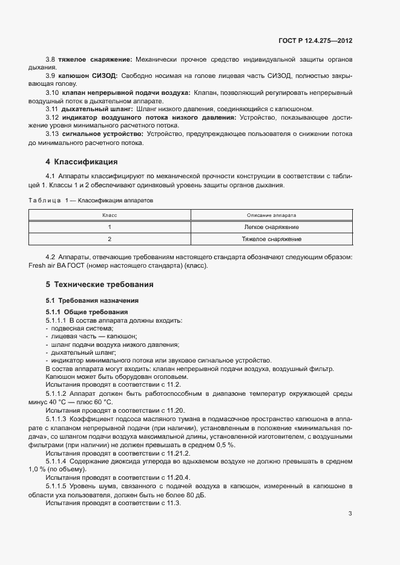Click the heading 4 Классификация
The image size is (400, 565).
[81, 162]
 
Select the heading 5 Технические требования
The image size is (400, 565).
[99, 284]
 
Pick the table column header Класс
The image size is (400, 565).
[110, 215]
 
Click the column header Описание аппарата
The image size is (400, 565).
[271, 215]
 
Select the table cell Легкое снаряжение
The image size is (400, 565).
[271, 227]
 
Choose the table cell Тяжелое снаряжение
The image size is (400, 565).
[271, 239]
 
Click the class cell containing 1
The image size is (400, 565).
[110, 227]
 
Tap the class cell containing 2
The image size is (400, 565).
[110, 239]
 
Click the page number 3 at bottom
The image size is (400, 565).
[350, 514]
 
